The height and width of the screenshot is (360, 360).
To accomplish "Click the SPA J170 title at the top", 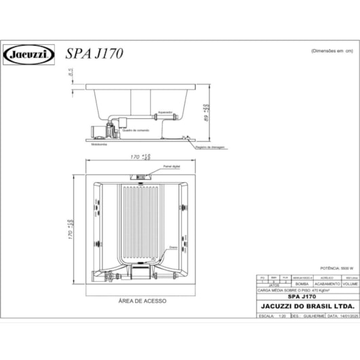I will (94, 54).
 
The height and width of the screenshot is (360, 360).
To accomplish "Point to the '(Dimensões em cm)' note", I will (333, 51).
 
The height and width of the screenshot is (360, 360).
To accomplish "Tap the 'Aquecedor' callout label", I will (165, 112).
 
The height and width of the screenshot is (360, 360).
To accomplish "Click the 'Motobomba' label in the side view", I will (101, 144).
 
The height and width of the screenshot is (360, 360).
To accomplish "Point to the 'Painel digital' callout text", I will (171, 165).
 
